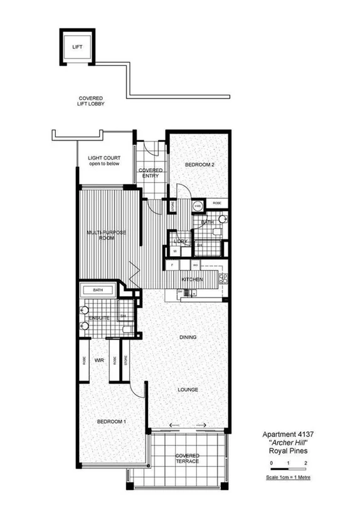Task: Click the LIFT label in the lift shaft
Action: (x=77, y=47)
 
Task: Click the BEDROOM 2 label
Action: (x=200, y=165)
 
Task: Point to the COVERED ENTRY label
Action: (x=151, y=173)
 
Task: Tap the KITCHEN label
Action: (x=192, y=279)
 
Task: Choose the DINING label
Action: (x=188, y=337)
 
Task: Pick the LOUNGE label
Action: (x=188, y=390)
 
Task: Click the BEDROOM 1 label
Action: (x=111, y=421)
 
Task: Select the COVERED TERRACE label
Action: (x=188, y=458)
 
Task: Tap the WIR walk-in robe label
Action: (x=98, y=361)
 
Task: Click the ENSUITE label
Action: (x=99, y=319)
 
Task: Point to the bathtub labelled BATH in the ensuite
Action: (x=98, y=291)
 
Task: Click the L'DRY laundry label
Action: (x=181, y=242)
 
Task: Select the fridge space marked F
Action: (x=172, y=266)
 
